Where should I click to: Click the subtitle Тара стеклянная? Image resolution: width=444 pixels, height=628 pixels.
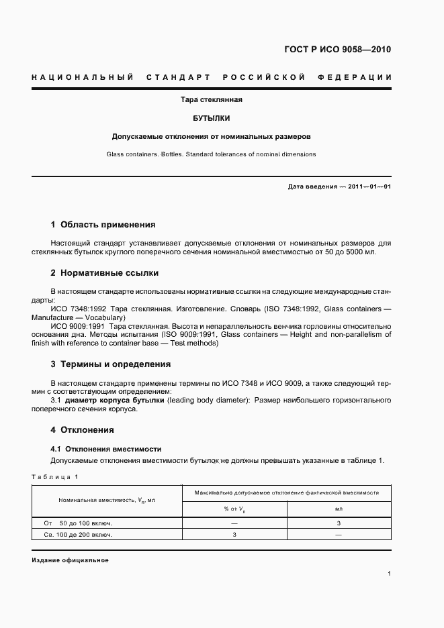[x=212, y=100]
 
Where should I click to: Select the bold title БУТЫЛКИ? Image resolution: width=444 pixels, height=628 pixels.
[x=212, y=118]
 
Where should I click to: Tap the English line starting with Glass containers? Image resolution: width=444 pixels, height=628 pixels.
[x=211, y=154]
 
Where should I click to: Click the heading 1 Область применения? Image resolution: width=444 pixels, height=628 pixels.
[x=103, y=225]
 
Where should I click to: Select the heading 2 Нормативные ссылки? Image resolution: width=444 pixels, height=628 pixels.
[x=105, y=273]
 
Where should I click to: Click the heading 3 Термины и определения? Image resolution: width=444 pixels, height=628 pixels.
[x=111, y=364]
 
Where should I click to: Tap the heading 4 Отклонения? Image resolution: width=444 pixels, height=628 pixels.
[x=83, y=430]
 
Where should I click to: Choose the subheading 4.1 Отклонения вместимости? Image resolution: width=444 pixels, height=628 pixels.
[x=106, y=448]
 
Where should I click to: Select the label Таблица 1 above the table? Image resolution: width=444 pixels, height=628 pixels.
[x=55, y=477]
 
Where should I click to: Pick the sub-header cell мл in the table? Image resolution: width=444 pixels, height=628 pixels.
[x=339, y=509]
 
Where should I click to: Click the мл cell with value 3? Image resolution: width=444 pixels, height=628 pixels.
[x=339, y=523]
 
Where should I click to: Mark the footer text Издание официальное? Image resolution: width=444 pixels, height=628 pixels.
[x=70, y=560]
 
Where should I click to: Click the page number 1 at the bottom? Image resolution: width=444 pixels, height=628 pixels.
[x=389, y=574]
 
